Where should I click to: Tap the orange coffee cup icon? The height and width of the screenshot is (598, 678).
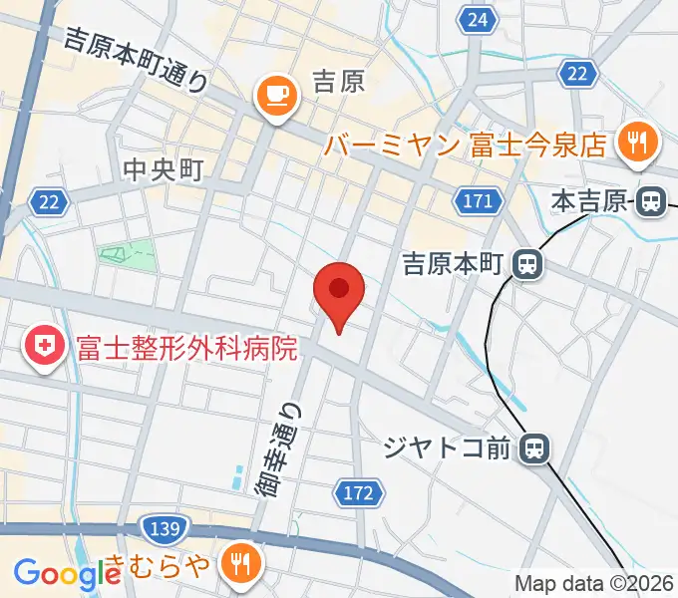[274, 97]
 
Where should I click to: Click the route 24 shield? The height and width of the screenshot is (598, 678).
[480, 19]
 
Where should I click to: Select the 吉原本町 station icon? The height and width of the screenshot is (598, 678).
[524, 264]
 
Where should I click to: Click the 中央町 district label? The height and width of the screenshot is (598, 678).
[163, 169]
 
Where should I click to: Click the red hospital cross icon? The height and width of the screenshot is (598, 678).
[45, 348]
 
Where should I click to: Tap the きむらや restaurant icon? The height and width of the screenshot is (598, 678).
[239, 565]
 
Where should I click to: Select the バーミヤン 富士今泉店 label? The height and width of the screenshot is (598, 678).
[465, 146]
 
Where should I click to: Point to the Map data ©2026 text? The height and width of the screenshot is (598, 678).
[594, 583]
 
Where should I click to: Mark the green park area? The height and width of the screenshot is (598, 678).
[128, 254]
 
